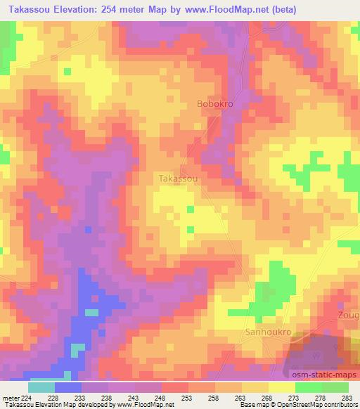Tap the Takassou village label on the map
[178, 178]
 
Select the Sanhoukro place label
[268, 330]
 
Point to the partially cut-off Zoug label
[349, 314]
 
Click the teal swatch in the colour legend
[41, 387]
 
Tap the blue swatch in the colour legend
[68, 387]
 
